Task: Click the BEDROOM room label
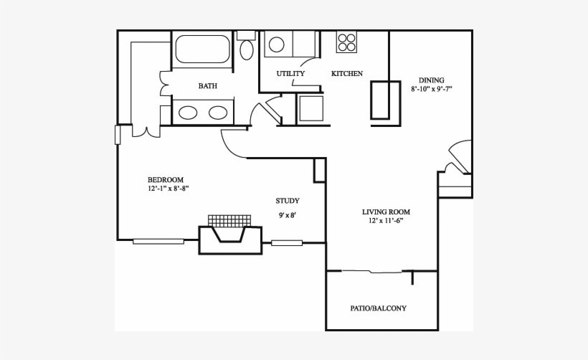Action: point(166,179)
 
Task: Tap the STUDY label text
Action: point(288,201)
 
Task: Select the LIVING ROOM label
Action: point(386,212)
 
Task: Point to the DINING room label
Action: point(432,80)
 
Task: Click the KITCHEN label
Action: point(347,74)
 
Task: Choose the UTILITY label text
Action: point(290,74)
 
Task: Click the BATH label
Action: point(208,86)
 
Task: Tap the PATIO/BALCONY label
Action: point(379,308)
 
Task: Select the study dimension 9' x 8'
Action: point(288,215)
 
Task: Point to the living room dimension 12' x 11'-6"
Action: point(386,221)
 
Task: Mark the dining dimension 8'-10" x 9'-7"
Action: point(432,90)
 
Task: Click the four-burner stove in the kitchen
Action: point(347,42)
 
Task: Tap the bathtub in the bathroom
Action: point(201,50)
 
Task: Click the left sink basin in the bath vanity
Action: point(189,113)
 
